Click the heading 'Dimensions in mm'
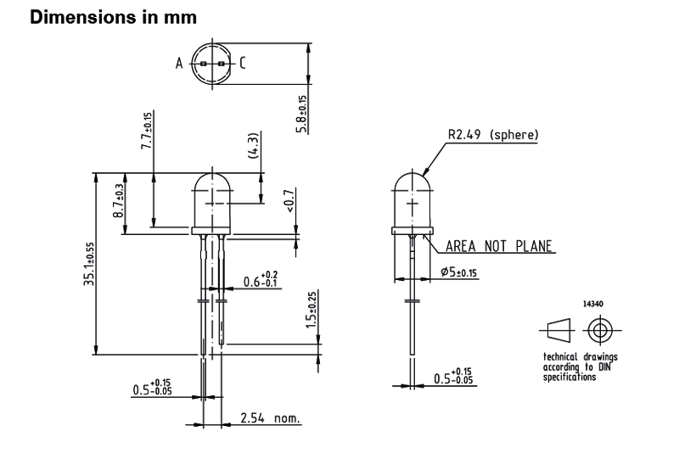[114, 17]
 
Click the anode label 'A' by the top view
[179, 64]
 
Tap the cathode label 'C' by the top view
[243, 63]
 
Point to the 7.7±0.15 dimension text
[147, 132]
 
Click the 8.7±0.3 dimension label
[118, 200]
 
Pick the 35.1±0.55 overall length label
[89, 264]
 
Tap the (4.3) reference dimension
[254, 145]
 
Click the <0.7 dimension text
[289, 200]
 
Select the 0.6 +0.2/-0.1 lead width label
[261, 279]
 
